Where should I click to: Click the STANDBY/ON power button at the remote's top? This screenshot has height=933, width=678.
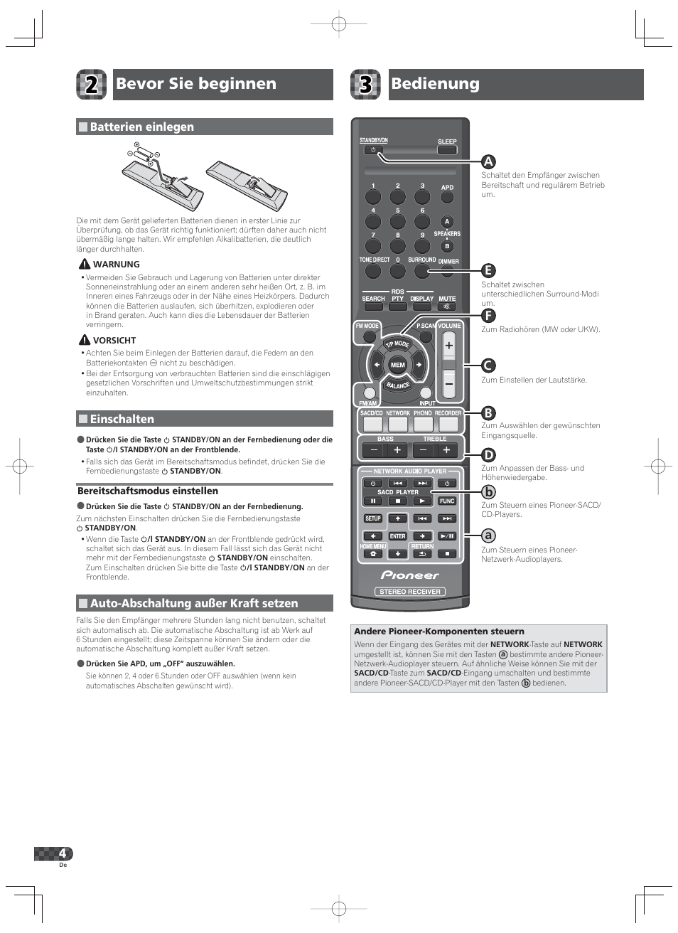(x=373, y=150)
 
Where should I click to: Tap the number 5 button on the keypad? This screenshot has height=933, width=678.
(x=398, y=221)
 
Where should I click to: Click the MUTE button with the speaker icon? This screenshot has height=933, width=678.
(x=447, y=306)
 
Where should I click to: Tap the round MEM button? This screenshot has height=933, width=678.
(x=398, y=365)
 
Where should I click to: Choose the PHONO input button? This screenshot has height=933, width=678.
(x=423, y=424)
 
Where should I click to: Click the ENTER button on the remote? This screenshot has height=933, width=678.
(x=398, y=536)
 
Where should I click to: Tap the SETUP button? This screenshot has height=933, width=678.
(x=373, y=518)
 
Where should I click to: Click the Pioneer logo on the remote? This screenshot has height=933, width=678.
(x=410, y=575)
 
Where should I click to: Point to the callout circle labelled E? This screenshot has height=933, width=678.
(x=488, y=270)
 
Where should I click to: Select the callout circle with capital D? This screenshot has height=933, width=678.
(x=488, y=455)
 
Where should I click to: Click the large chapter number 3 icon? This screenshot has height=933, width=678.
(x=365, y=85)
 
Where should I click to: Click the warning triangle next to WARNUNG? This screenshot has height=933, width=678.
(x=84, y=264)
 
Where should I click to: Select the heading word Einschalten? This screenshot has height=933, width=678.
(x=122, y=419)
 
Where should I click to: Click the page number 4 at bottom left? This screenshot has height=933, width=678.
(x=63, y=853)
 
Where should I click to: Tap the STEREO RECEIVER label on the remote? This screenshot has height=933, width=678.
(x=410, y=592)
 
